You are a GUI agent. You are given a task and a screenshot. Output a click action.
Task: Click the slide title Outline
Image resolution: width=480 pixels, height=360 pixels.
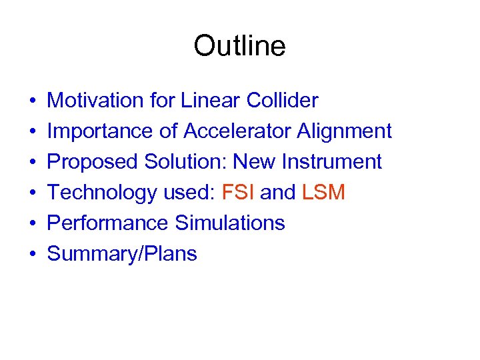(x=239, y=46)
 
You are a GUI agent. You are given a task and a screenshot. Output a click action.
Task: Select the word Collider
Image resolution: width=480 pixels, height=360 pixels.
(x=282, y=101)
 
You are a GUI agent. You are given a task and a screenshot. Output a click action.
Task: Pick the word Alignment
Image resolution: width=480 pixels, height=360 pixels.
(x=345, y=131)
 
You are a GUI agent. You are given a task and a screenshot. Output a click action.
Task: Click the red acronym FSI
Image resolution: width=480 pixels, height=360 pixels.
(x=237, y=193)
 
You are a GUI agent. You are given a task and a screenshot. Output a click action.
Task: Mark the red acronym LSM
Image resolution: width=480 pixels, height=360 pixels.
(x=323, y=193)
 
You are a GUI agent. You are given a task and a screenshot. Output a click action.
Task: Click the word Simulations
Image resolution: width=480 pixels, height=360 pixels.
(x=230, y=223)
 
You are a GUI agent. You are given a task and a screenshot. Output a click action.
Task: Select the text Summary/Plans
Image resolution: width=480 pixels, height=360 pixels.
(x=122, y=254)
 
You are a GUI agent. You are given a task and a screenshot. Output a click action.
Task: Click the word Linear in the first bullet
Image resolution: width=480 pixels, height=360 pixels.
(x=211, y=101)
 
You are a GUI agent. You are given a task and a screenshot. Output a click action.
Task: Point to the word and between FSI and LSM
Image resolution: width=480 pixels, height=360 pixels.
(x=278, y=193)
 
